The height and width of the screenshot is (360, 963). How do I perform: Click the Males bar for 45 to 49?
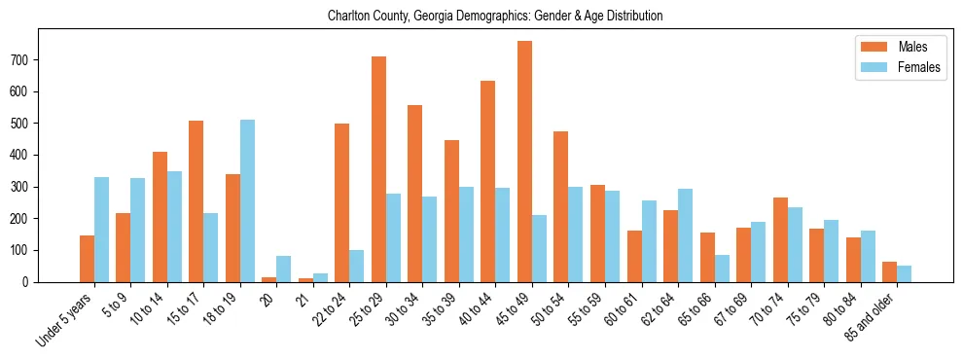point(524,162)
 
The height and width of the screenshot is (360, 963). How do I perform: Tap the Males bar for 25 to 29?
point(378,169)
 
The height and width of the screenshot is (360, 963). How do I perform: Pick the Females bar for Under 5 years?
point(101,230)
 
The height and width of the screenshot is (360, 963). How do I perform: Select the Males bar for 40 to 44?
point(488,181)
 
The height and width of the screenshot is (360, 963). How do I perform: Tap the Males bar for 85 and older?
point(889,271)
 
